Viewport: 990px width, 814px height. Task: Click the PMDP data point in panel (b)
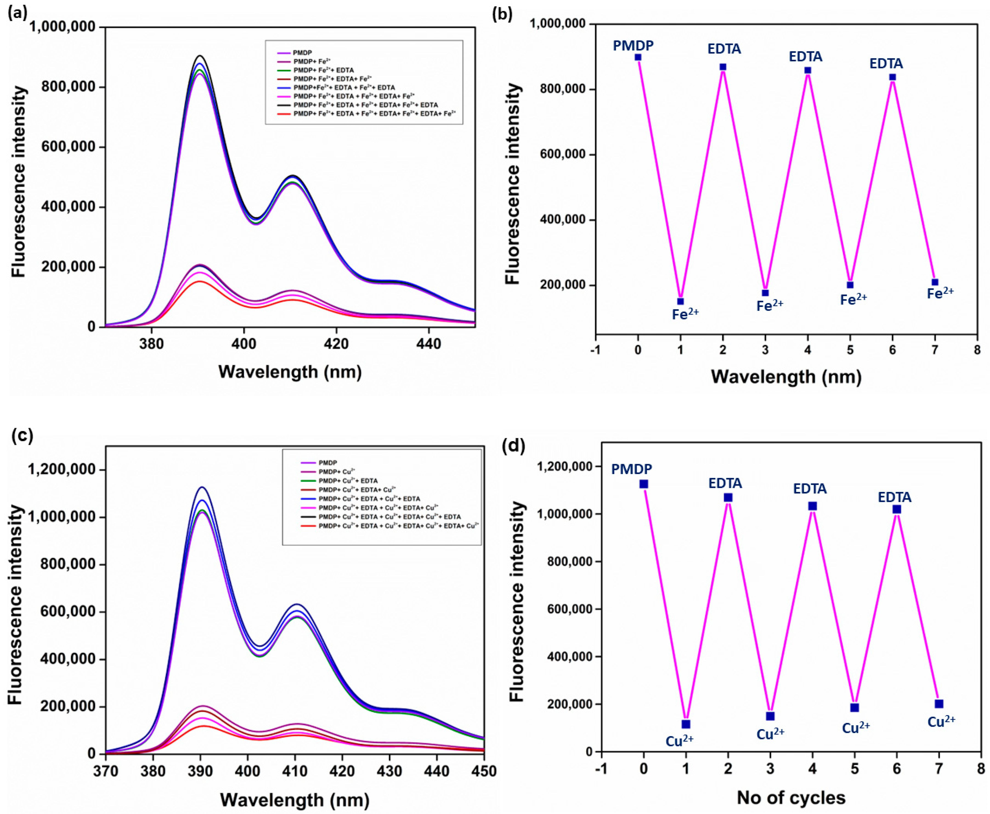pyautogui.click(x=638, y=57)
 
